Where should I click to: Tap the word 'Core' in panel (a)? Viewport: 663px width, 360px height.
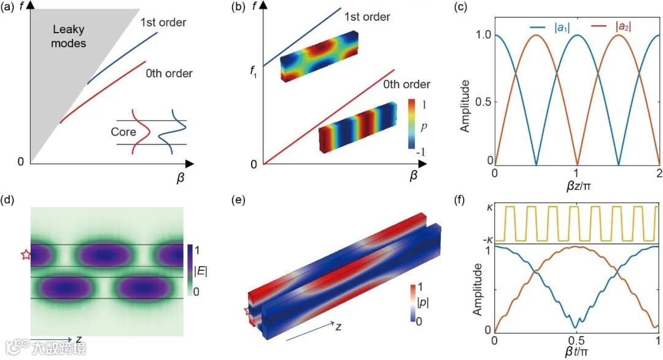[x=123, y=132]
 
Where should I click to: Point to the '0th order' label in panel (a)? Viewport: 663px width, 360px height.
[x=169, y=74]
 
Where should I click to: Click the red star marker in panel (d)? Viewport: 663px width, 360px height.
[x=25, y=255]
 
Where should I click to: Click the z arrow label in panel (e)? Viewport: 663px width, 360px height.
[x=339, y=327]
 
